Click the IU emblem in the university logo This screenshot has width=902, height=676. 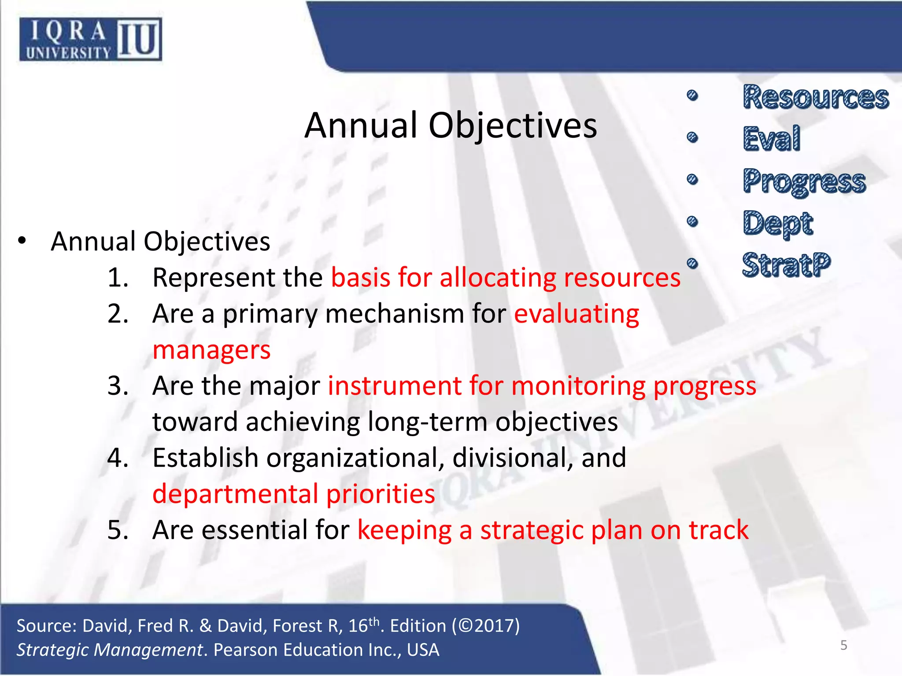139,40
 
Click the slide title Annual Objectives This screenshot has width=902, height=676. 450,125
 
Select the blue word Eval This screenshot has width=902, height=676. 771,139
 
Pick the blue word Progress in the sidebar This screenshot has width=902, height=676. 804,181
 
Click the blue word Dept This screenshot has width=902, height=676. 777,224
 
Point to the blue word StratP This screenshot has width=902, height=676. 786,265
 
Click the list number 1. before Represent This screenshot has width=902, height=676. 118,278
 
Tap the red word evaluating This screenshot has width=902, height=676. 576,314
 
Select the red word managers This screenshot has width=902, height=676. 211,350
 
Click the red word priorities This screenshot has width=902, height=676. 381,494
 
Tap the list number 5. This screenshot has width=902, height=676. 118,530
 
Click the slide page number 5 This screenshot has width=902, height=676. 843,645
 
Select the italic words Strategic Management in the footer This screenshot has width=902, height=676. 110,650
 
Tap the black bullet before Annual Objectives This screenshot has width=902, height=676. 22,241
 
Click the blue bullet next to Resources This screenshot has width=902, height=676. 692,96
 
